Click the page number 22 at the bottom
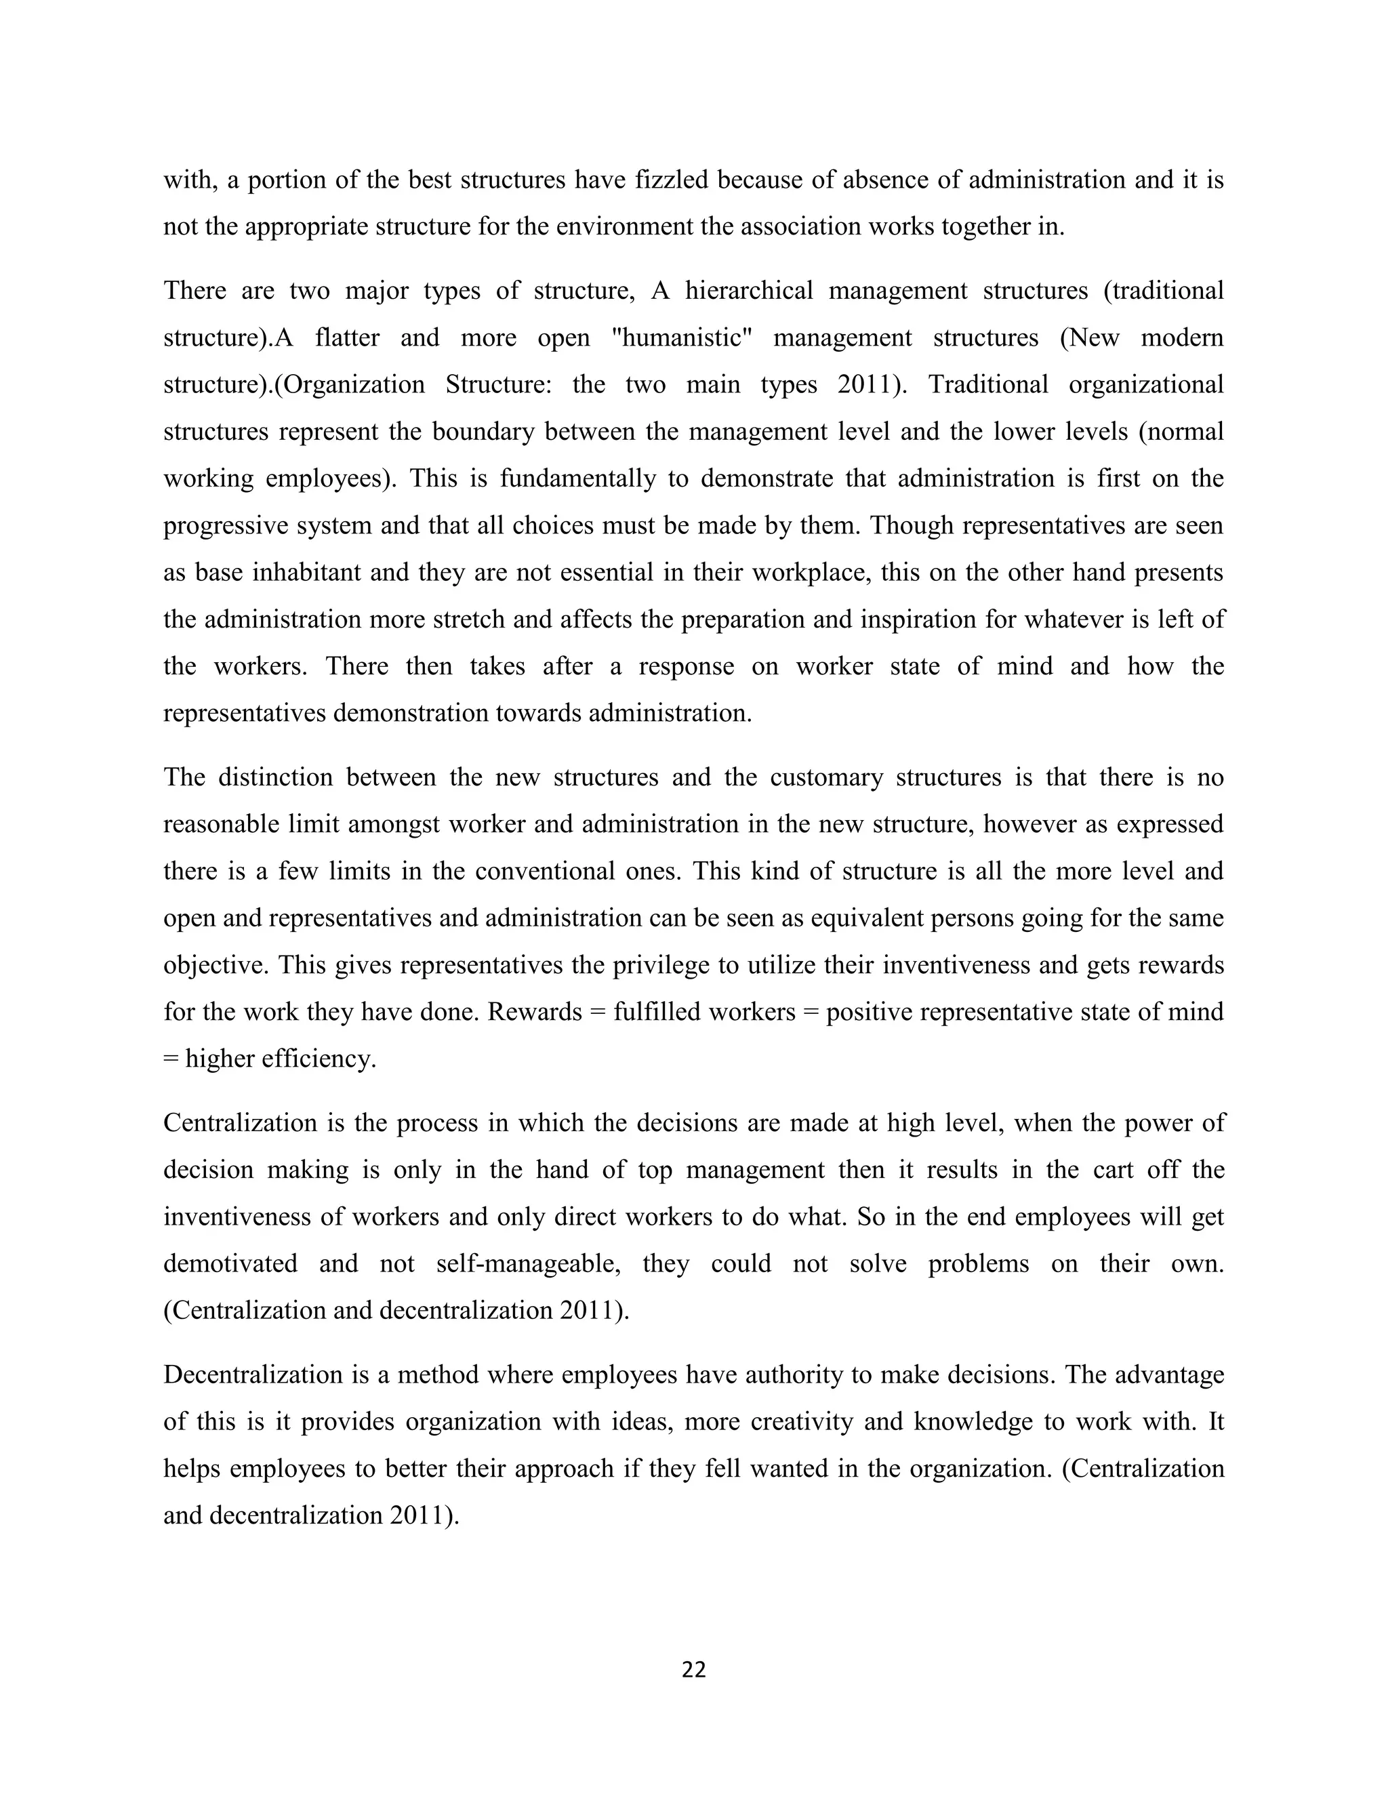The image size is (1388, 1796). [693, 1669]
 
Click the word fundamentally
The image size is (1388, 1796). [578, 478]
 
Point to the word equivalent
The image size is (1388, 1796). [868, 917]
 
